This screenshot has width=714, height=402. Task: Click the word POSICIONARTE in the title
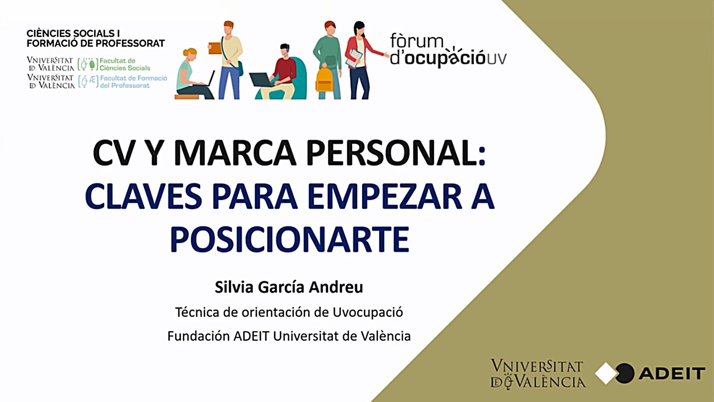290,239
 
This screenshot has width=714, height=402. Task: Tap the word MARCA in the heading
235,153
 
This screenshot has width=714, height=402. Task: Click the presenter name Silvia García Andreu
289,287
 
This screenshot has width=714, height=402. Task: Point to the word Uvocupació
367,312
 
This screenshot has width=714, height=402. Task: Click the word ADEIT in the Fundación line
251,336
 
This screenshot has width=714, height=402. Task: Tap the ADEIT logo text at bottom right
672,373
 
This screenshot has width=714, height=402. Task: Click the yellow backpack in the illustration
324,79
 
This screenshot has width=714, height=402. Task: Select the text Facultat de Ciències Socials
125,64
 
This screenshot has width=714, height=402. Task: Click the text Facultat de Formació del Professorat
133,82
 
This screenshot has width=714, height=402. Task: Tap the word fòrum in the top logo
416,41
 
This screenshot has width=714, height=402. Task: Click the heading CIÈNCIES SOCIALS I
73,33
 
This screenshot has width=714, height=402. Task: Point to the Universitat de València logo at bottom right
538,374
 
